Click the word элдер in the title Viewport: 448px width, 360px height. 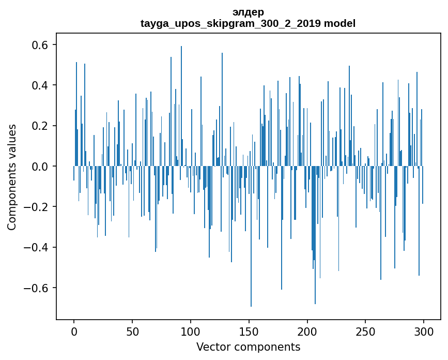tap(248, 12)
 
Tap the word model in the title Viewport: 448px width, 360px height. tap(339, 24)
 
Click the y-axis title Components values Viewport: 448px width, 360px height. tap(12, 177)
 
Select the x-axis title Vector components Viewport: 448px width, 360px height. tap(248, 347)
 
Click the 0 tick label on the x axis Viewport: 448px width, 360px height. tap(74, 331)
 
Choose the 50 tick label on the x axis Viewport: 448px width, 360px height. tap(132, 331)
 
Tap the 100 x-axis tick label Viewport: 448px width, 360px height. tap(191, 331)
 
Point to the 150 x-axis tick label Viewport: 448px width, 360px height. tap(249, 331)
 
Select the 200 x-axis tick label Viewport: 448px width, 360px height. tap(307, 331)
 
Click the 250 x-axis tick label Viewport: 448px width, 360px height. tap(366, 331)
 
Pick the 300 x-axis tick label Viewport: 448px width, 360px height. tap(424, 331)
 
